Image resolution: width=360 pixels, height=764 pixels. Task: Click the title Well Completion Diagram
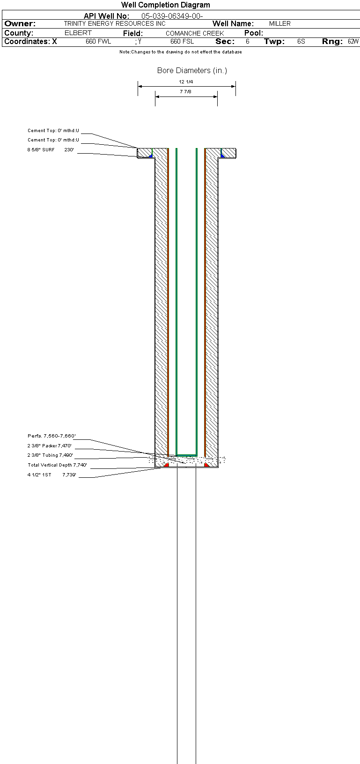click(166, 5)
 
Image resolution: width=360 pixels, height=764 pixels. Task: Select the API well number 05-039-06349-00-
click(172, 16)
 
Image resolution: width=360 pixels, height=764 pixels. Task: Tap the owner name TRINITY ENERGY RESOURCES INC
click(115, 23)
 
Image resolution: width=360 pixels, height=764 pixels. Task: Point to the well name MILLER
click(279, 23)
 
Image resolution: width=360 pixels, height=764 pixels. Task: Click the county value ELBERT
click(78, 33)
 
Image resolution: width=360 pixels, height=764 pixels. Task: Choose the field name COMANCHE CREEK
click(195, 33)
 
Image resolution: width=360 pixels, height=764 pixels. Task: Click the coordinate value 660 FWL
click(98, 42)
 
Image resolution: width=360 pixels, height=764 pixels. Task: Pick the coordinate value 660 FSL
click(182, 42)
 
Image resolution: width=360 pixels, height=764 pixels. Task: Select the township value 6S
click(301, 42)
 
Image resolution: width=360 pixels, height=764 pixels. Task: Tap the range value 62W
click(353, 42)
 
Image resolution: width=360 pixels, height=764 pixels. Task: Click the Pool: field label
click(254, 33)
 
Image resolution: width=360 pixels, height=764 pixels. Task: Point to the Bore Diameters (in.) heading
click(192, 70)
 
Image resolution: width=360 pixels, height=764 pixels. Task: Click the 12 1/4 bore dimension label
click(186, 82)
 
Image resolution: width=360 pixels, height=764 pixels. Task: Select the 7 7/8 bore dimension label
click(185, 92)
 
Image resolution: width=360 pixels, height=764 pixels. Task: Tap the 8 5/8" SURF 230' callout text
click(51, 150)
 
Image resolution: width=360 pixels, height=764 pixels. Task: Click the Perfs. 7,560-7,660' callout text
click(51, 436)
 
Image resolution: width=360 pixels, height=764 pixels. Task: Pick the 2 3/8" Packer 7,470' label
click(50, 446)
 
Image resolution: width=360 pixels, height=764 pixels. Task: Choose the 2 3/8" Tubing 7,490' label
click(50, 455)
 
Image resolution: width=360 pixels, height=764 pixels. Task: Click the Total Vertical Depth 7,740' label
click(57, 465)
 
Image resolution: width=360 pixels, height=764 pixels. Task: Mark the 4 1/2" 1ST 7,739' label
click(51, 475)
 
